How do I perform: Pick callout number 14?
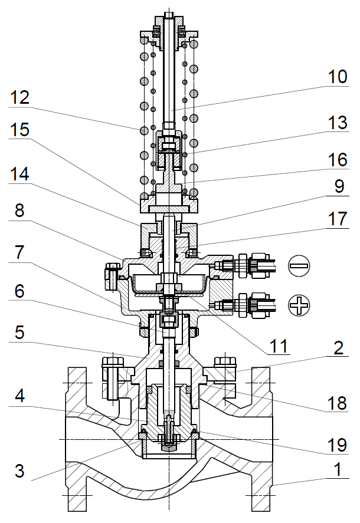point(21,175)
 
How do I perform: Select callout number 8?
point(22,210)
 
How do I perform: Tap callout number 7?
point(22,252)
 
